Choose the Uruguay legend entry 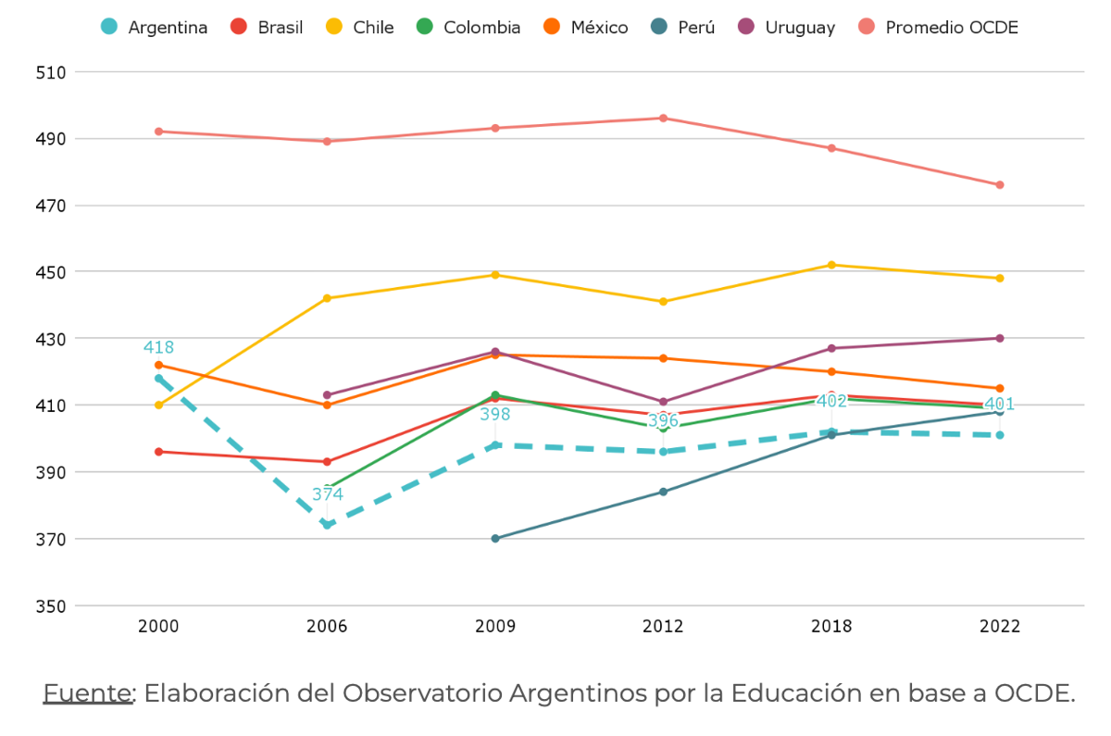[x=788, y=27]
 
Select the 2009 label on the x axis [x=495, y=627]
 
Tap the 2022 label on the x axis [x=1000, y=627]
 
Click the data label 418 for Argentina [x=158, y=348]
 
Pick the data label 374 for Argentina [x=327, y=494]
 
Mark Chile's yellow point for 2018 [x=831, y=265]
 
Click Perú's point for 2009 [x=495, y=538]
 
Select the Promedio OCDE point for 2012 [x=663, y=118]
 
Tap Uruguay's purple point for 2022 [x=1000, y=338]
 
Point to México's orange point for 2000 [x=158, y=365]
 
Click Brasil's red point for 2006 [x=327, y=461]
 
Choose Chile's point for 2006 [x=327, y=298]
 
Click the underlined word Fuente [x=88, y=693]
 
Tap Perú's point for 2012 [x=663, y=492]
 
